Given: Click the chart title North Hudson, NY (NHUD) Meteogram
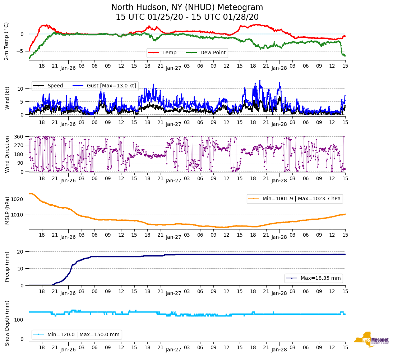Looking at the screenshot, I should pos(187,8).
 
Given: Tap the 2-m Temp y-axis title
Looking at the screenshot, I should pos(6,41).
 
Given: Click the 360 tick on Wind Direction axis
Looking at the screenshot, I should pos(19,137).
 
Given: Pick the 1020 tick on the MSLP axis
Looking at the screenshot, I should pos(18,199).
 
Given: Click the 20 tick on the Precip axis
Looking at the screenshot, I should pos(21,252).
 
